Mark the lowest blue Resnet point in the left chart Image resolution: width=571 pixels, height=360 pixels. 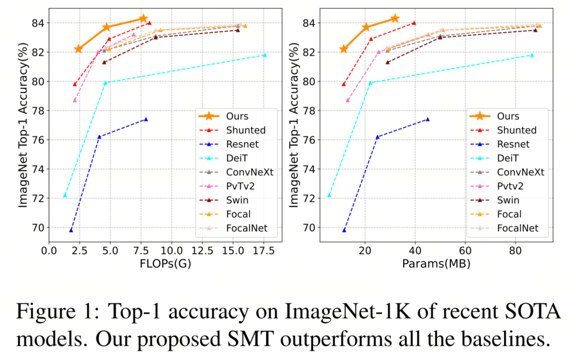71,230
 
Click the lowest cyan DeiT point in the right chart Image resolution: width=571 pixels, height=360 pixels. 329,195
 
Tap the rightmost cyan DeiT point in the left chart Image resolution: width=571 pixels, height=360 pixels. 264,55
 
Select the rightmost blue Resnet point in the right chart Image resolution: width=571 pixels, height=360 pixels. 427,120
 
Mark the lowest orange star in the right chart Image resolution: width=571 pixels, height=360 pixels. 344,49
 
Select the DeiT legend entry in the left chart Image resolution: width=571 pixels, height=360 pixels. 238,158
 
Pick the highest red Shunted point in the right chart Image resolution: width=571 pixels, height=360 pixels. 413,23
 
